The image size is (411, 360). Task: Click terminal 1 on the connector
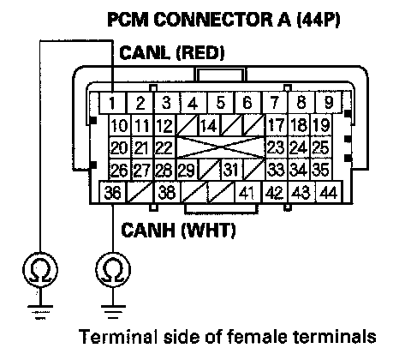coord(113,103)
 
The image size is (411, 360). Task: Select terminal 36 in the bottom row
coord(112,192)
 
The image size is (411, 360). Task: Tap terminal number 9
coord(329,103)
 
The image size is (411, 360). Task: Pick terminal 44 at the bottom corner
coord(329,192)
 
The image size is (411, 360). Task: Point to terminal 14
coord(209,125)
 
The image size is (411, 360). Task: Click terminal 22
coord(164,147)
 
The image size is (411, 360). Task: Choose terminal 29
coord(188,170)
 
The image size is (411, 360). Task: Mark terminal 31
coord(231,170)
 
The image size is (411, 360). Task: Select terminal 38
coord(167,192)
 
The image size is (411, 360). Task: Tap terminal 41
coord(247,192)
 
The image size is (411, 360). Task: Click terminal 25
coord(321,147)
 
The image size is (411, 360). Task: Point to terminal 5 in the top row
coord(220,103)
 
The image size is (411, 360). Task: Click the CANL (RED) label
coord(172,53)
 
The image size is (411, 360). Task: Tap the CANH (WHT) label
coord(178,231)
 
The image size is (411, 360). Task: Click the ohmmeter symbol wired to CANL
coord(40,270)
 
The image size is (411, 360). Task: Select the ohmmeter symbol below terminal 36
coord(113,270)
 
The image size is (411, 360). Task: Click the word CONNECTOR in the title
coord(222,20)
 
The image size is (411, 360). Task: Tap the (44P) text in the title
coord(319,20)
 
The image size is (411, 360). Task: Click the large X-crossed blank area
coord(221,147)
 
